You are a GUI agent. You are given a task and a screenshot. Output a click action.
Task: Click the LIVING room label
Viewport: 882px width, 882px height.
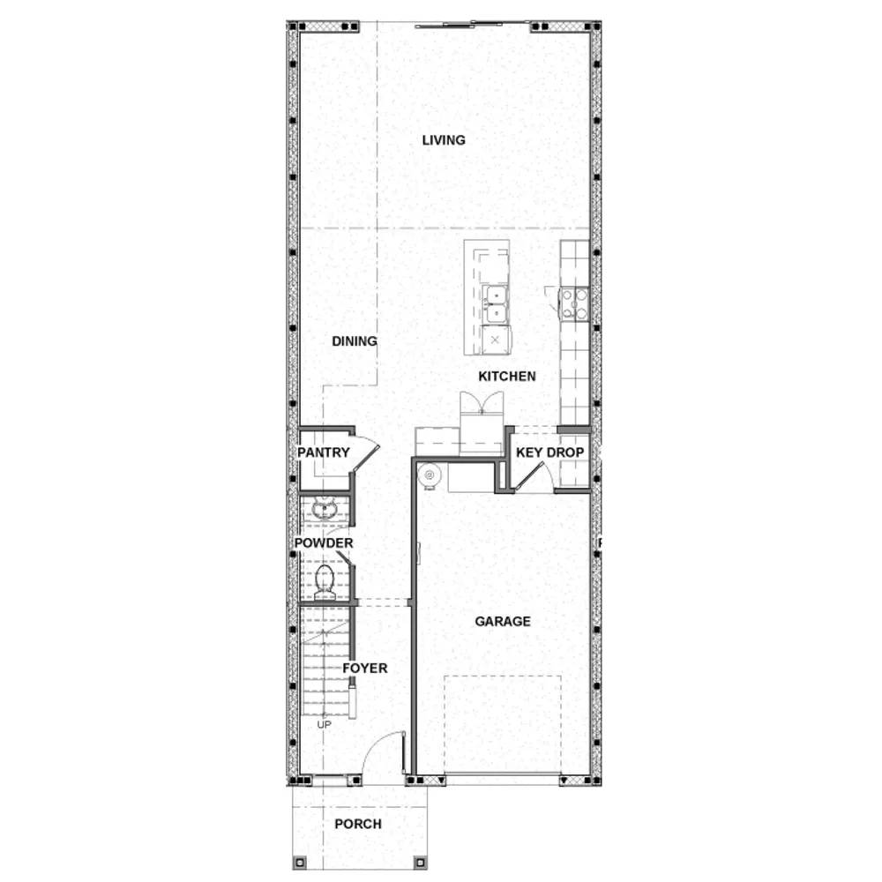[444, 140]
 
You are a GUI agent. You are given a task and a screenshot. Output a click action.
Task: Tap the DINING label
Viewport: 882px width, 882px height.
[355, 341]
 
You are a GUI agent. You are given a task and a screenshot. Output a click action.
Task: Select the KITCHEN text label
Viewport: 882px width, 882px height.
[507, 377]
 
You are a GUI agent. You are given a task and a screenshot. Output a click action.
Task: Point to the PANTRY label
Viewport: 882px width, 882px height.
[324, 452]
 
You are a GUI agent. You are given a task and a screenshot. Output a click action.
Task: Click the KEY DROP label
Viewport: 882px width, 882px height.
[550, 452]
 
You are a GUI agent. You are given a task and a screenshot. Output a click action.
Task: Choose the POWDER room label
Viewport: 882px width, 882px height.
[324, 542]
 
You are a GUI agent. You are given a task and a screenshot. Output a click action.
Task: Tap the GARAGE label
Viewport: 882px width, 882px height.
[503, 622]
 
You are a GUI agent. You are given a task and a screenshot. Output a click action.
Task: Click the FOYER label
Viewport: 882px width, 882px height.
[365, 669]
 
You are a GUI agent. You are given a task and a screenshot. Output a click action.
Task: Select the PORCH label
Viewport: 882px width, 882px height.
[358, 824]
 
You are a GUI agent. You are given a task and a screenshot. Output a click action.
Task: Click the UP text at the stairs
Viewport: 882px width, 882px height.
[324, 724]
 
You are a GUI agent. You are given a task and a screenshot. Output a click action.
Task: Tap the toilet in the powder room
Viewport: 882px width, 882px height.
[325, 581]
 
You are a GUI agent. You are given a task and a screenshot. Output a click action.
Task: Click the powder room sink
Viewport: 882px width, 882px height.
[325, 510]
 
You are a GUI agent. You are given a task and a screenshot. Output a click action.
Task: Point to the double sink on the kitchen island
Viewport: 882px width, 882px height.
[496, 304]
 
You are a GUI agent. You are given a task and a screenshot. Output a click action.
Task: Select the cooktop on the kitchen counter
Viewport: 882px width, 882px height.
[575, 303]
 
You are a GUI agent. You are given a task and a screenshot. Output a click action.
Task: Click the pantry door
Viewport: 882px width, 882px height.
[367, 458]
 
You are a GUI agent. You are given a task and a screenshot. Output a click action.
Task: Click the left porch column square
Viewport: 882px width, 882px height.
[300, 863]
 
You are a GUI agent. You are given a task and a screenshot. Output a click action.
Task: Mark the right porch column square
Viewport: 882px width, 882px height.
[420, 863]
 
